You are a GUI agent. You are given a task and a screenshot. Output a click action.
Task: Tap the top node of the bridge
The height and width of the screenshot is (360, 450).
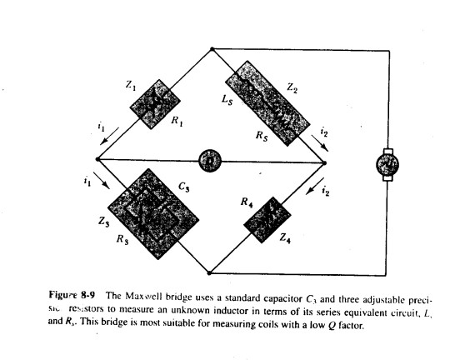pos(212,50)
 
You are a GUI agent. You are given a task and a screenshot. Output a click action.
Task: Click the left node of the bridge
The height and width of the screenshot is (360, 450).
pos(97,158)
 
